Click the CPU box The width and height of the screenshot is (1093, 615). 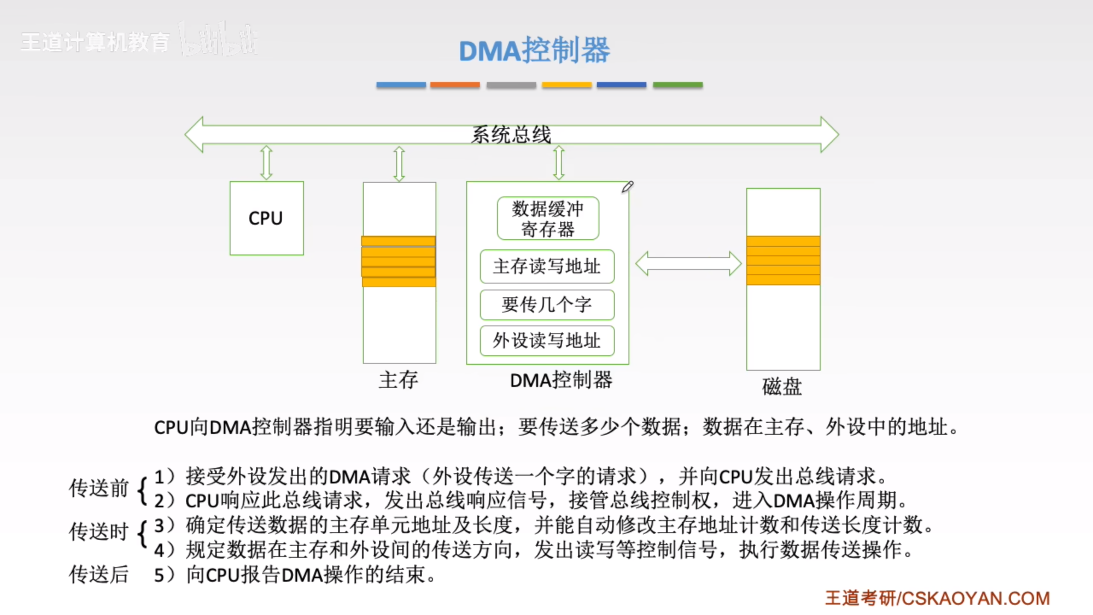[x=266, y=218]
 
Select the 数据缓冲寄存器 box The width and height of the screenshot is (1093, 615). [x=548, y=218]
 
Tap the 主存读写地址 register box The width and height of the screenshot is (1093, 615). [x=547, y=266]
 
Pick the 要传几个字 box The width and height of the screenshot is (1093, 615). [x=547, y=305]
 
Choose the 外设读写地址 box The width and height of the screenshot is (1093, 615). [x=547, y=341]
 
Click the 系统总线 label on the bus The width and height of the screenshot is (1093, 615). [x=511, y=135]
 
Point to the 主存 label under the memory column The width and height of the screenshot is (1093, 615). [x=398, y=380]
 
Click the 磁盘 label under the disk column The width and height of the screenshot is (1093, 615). [x=782, y=387]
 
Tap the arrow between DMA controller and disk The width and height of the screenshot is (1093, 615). [x=688, y=264]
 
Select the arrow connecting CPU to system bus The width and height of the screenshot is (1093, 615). [x=266, y=163]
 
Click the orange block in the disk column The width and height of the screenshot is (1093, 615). [x=783, y=261]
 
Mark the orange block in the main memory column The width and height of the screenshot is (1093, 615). [x=399, y=261]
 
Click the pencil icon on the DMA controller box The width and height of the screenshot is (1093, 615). [x=627, y=187]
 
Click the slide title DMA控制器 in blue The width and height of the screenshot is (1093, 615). [x=535, y=50]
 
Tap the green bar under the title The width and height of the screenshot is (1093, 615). [x=678, y=85]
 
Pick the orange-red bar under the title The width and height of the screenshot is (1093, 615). [x=455, y=85]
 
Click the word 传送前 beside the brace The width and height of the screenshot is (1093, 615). [x=99, y=488]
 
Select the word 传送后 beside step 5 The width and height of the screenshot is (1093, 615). [x=99, y=574]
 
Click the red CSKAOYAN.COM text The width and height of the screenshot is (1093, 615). [x=975, y=598]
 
